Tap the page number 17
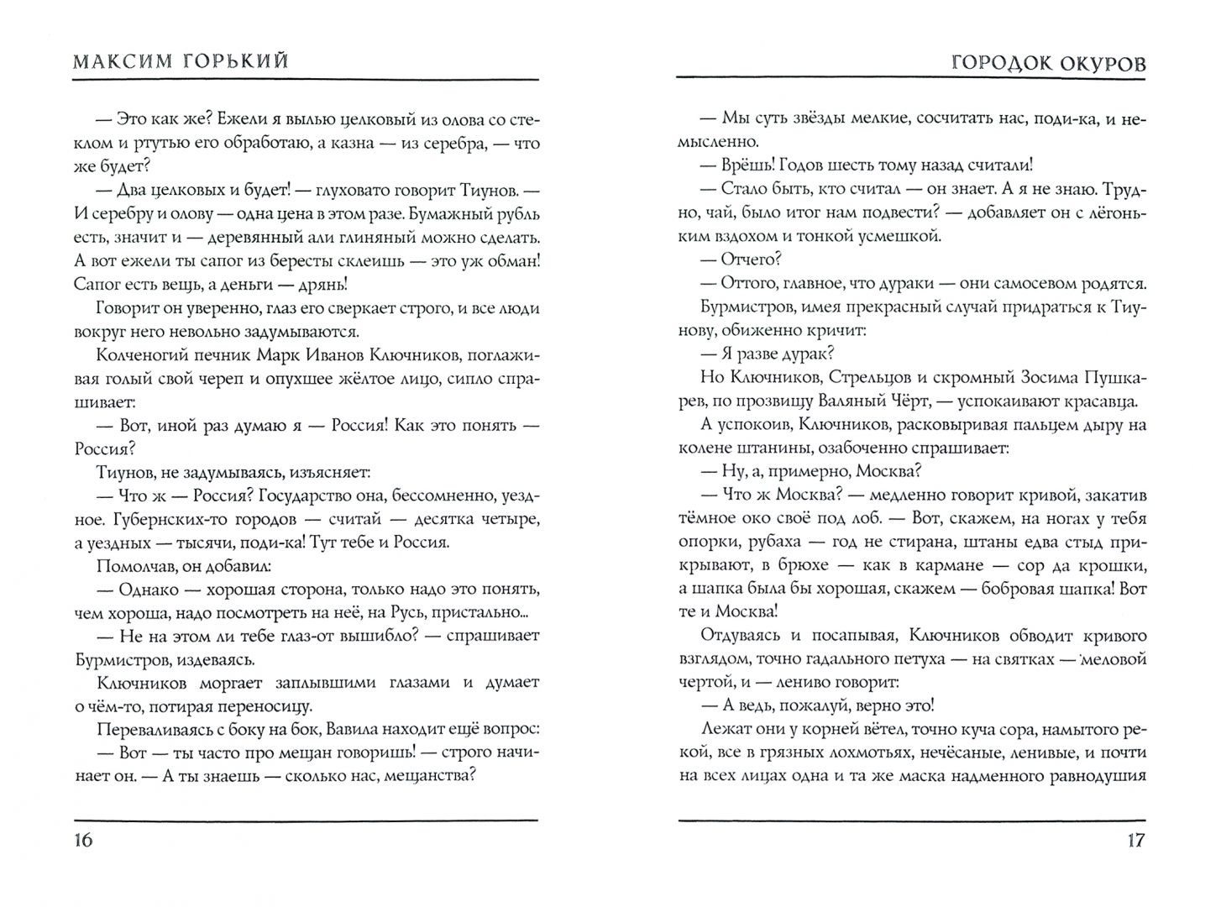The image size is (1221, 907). [x=1135, y=840]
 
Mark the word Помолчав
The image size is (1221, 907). [x=135, y=565]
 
